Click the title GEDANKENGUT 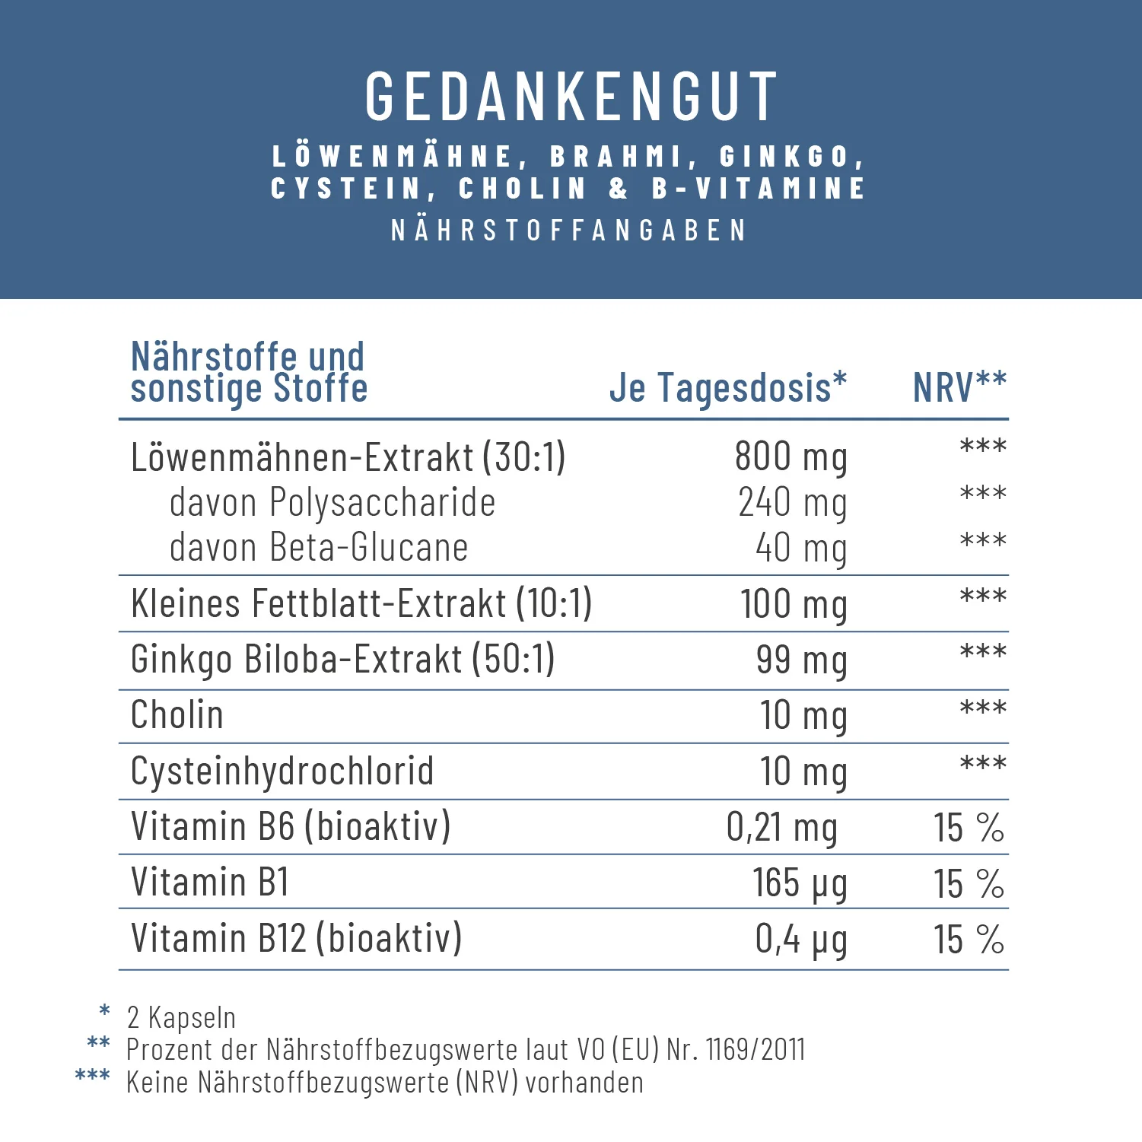[x=571, y=97]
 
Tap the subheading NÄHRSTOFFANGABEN [x=569, y=231]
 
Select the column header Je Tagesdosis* [x=727, y=387]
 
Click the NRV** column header [x=959, y=387]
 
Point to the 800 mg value [x=790, y=457]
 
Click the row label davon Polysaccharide [x=332, y=503]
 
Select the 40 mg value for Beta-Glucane [x=800, y=548]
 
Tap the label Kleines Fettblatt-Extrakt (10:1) [x=361, y=604]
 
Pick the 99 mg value [x=800, y=660]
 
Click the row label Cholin [x=177, y=715]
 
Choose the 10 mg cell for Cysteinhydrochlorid [x=803, y=771]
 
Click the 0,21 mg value [x=781, y=827]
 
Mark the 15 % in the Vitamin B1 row [x=969, y=883]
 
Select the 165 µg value [x=799, y=883]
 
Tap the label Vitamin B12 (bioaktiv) [x=296, y=938]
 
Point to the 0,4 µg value [x=800, y=939]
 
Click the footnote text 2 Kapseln [x=181, y=1017]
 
